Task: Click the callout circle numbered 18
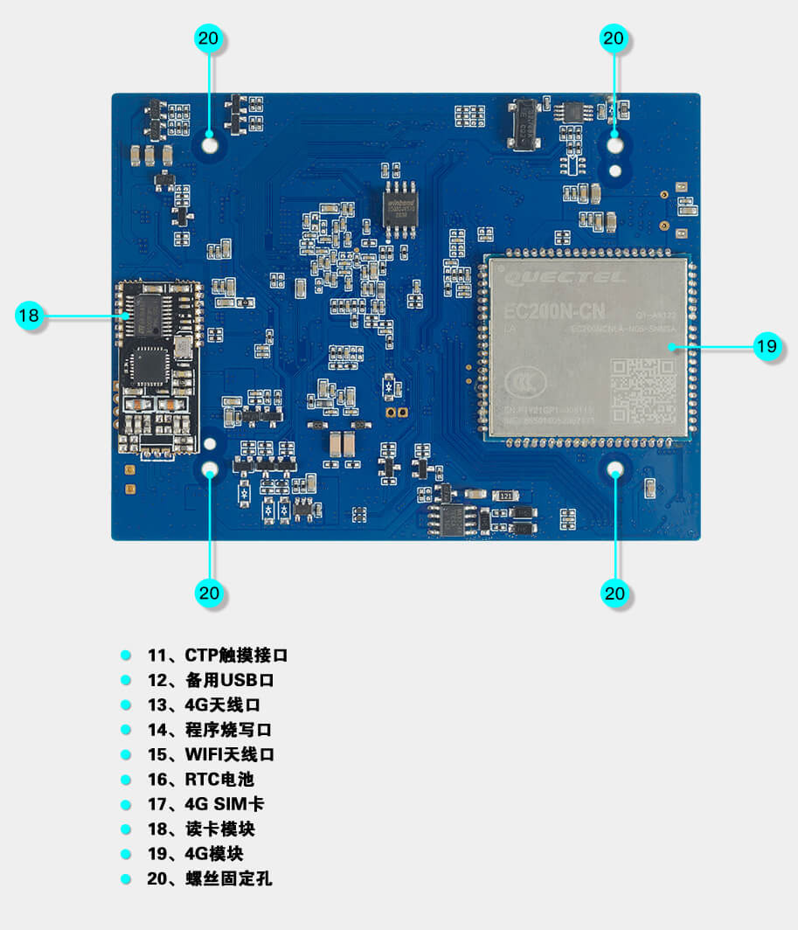click(29, 315)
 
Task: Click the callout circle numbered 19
click(767, 346)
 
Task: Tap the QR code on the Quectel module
click(642, 392)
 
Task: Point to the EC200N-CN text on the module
click(553, 311)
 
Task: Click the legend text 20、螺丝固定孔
click(210, 878)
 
